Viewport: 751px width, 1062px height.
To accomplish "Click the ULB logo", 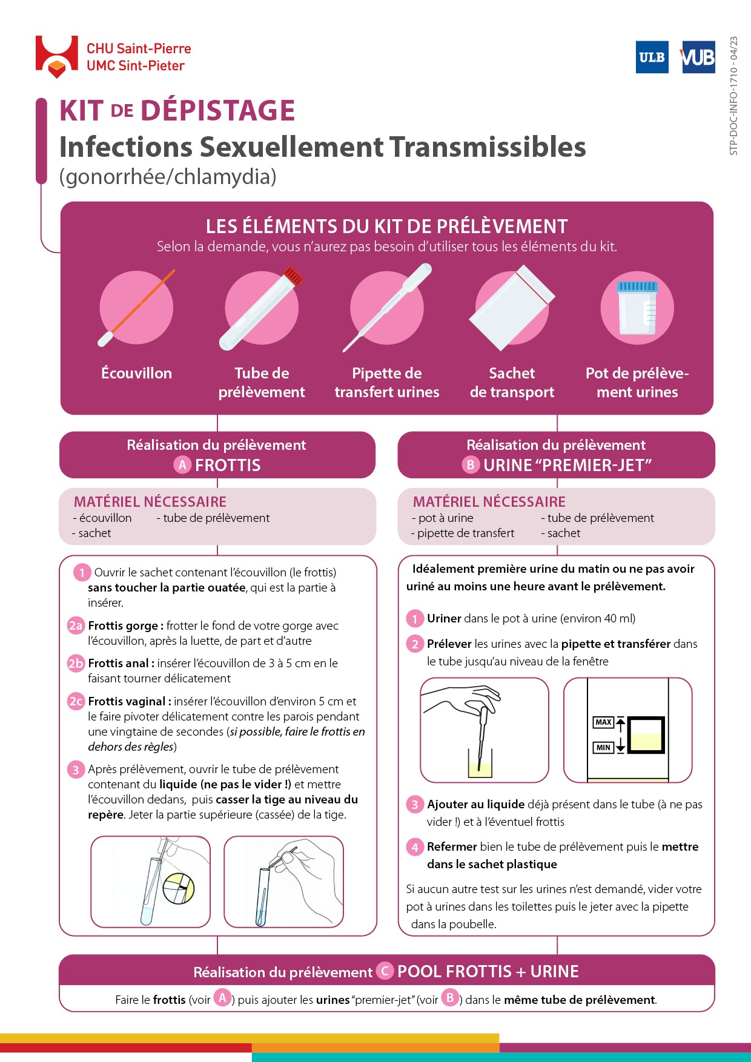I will tap(652, 57).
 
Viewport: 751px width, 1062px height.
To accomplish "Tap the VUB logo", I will tap(698, 57).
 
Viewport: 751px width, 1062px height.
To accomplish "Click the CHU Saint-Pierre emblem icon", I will tap(56, 57).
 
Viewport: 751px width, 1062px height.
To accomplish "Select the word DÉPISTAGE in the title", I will tap(217, 111).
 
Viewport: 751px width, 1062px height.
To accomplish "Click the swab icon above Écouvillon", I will tap(136, 308).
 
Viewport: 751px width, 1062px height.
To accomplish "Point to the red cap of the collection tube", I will tap(293, 277).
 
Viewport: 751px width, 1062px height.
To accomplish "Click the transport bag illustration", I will tap(512, 308).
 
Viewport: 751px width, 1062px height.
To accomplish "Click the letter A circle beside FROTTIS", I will tap(182, 465).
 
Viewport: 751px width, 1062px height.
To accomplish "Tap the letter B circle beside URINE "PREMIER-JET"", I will tap(471, 465).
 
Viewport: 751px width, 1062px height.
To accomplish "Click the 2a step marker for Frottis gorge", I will tap(76, 625).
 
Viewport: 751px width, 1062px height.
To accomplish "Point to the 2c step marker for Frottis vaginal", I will tap(76, 701).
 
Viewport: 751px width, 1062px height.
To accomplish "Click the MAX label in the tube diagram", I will tap(603, 722).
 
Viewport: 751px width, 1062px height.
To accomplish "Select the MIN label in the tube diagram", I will tap(603, 748).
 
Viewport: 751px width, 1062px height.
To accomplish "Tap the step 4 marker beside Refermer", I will tap(414, 847).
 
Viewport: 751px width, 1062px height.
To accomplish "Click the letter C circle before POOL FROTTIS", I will tap(385, 971).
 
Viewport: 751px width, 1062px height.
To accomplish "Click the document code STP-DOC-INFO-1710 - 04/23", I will tap(733, 96).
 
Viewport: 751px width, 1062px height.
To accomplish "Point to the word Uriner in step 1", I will tap(444, 618).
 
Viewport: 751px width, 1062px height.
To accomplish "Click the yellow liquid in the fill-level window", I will tap(646, 742).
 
